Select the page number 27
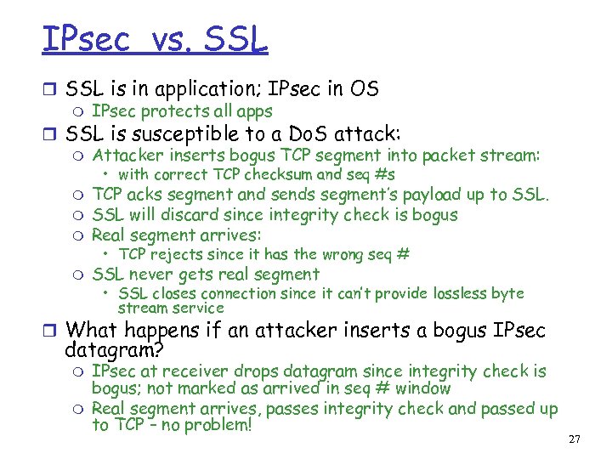tap(574, 439)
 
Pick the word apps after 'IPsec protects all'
tap(255, 111)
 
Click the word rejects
tap(179, 254)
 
